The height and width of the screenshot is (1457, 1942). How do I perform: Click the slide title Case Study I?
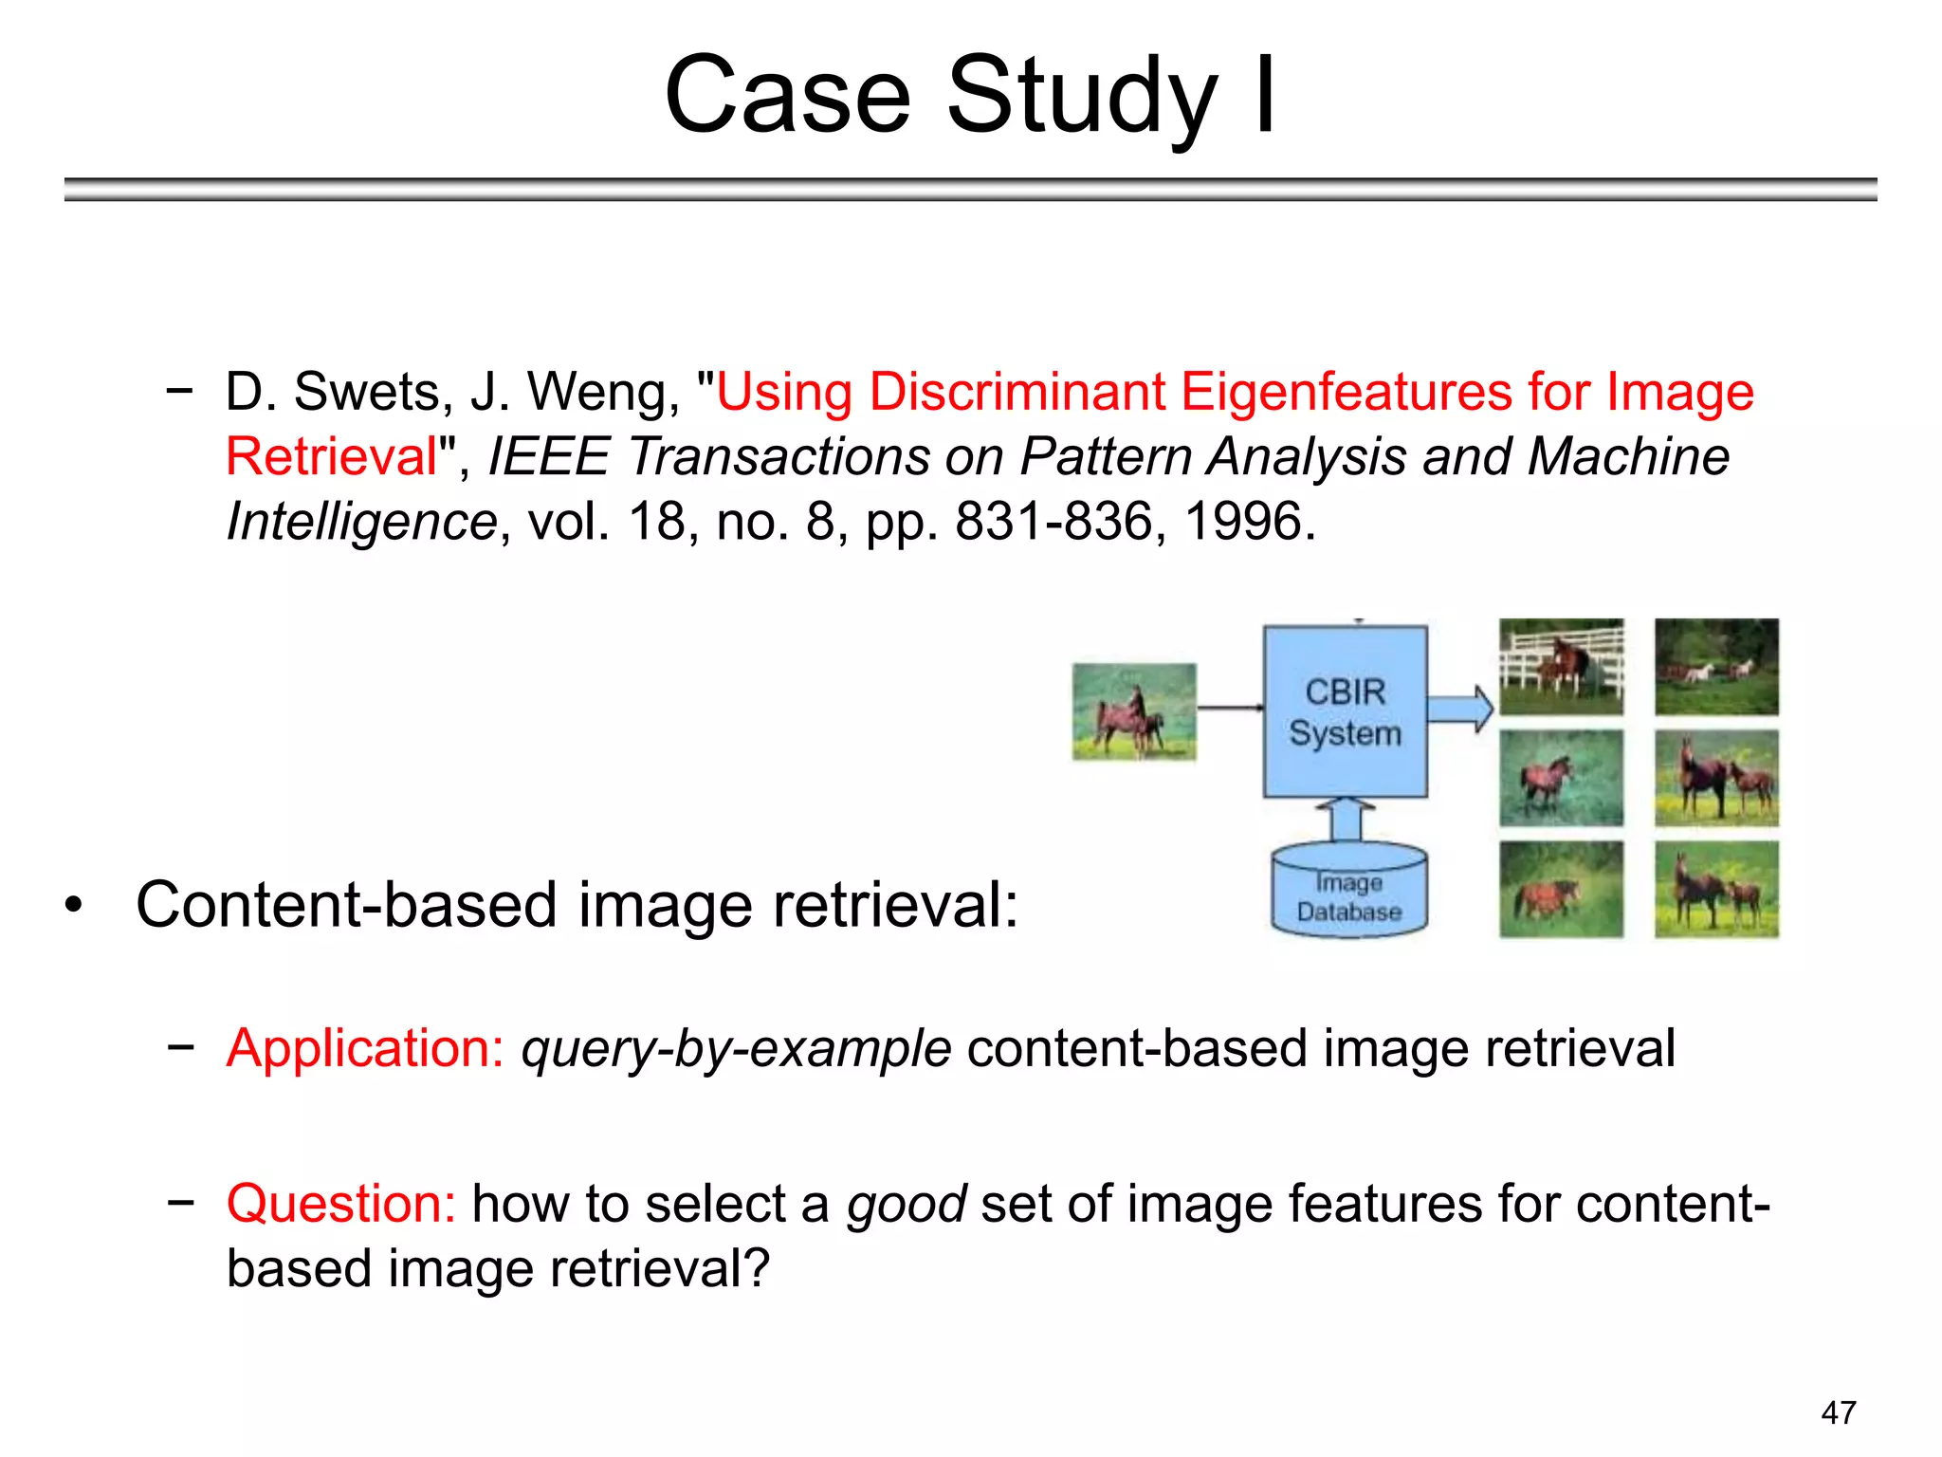(970, 95)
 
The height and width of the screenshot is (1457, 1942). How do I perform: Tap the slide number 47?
(1838, 1412)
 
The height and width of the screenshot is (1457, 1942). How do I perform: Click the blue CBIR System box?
(1345, 711)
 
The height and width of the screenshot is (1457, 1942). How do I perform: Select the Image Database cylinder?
(1348, 892)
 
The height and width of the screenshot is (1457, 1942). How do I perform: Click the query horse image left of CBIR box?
(1134, 711)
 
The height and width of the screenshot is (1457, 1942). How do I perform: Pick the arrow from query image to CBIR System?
(1229, 708)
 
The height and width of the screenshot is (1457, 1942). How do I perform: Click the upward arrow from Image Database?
(1346, 819)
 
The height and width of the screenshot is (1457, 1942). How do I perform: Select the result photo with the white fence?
(1561, 666)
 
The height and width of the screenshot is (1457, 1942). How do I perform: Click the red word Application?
(365, 1048)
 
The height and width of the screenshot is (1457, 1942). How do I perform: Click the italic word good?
(907, 1205)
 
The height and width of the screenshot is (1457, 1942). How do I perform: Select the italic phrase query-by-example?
(736, 1049)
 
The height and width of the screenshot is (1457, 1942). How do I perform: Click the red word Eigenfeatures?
(1346, 392)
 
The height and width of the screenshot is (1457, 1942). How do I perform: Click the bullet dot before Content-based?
(74, 905)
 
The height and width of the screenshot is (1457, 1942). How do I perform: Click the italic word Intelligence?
(361, 522)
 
